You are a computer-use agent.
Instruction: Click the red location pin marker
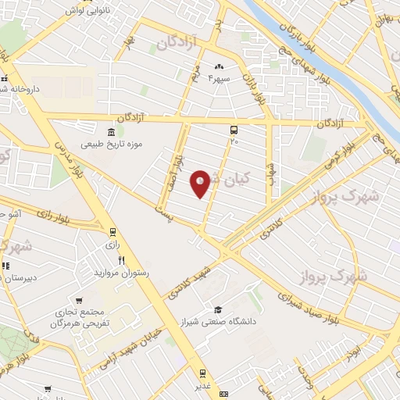(x=201, y=184)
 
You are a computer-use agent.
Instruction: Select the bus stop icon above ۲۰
(x=234, y=130)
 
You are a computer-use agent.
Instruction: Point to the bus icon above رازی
(x=112, y=232)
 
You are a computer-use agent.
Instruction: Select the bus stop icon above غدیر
(x=202, y=373)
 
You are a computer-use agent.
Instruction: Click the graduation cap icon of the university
(x=218, y=309)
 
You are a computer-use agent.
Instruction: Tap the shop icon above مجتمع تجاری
(x=79, y=300)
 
